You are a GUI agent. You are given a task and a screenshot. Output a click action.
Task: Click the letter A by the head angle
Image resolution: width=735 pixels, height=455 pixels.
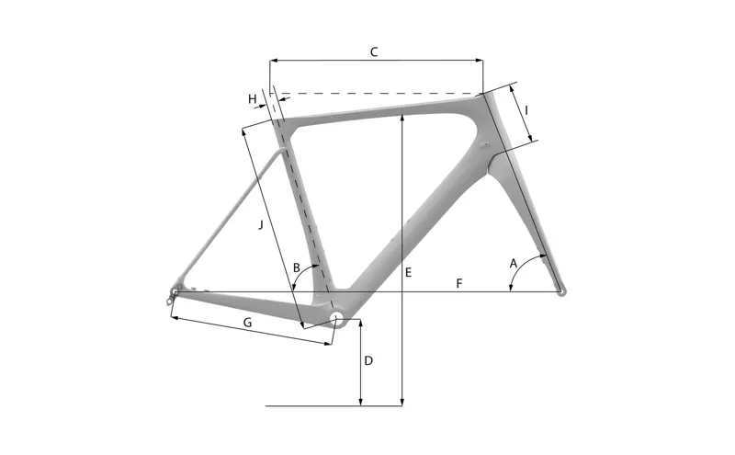(514, 264)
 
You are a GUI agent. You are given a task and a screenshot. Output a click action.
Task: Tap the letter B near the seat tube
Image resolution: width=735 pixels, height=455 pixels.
(297, 267)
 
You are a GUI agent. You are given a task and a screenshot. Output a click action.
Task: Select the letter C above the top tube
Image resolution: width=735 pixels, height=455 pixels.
(374, 52)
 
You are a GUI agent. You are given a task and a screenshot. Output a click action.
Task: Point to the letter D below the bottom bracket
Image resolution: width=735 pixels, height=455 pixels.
(368, 360)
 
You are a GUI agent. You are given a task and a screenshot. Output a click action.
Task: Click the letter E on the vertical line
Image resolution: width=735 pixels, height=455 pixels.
(409, 273)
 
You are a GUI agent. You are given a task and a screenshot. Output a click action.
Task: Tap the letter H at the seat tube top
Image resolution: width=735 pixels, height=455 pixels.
(251, 98)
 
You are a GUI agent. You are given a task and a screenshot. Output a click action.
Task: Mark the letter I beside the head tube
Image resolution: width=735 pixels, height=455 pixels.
(526, 111)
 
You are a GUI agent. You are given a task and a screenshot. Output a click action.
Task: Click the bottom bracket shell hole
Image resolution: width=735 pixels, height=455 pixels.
(337, 320)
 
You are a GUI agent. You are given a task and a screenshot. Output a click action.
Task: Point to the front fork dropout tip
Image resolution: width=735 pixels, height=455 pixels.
(562, 292)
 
